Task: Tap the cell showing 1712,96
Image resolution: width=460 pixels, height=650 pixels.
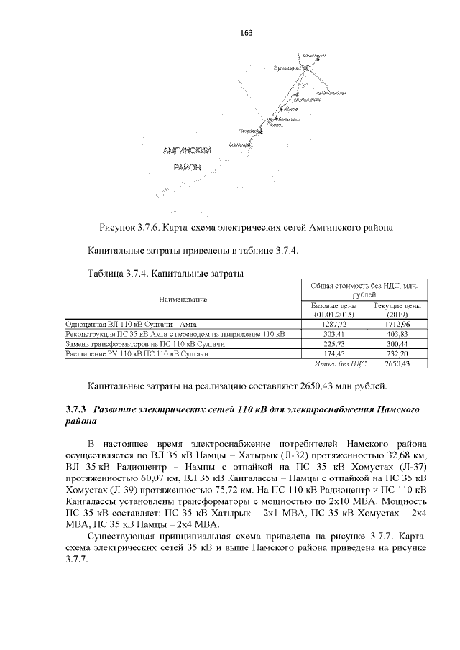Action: [396, 325]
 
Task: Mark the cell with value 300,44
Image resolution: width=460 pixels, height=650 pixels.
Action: [396, 345]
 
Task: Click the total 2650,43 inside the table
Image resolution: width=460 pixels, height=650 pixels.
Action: [396, 365]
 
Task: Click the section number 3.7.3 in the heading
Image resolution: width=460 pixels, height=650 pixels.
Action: [75, 409]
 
